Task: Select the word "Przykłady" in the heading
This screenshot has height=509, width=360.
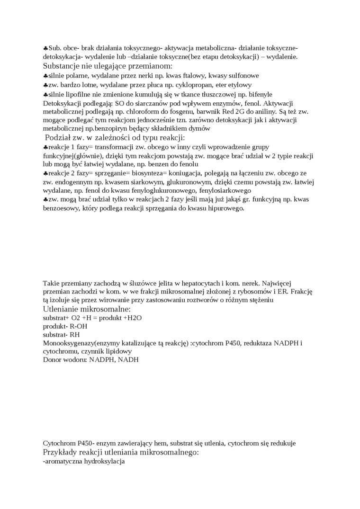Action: click(62, 452)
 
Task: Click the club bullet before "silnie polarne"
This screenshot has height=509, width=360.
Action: click(45, 76)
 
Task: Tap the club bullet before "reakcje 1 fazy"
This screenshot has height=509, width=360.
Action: click(45, 148)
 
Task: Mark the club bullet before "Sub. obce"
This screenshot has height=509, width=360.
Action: click(45, 48)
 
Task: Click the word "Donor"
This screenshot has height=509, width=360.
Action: click(52, 360)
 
